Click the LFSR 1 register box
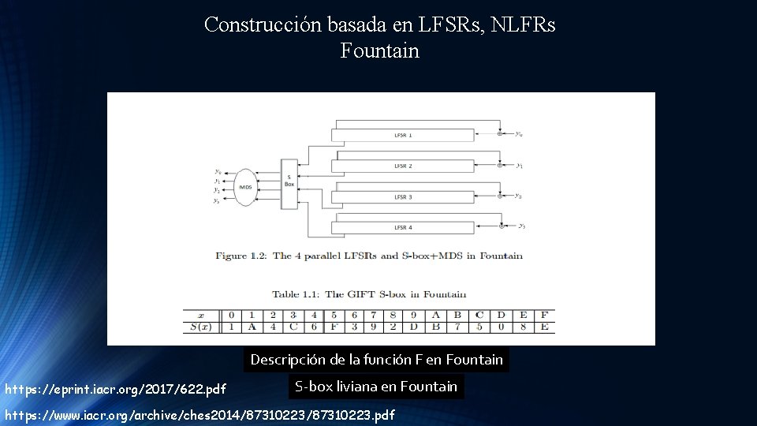[403, 135]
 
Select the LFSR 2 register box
[403, 166]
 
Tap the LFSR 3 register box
[403, 196]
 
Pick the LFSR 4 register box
[403, 227]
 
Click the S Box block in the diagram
[289, 184]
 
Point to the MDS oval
[244, 187]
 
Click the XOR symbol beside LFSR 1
[500, 135]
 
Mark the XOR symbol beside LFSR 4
[502, 227]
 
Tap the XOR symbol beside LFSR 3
[500, 196]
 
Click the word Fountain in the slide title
[379, 51]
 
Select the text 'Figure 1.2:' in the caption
[242, 256]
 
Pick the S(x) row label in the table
[200, 327]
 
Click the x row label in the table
[200, 315]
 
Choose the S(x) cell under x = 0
[231, 327]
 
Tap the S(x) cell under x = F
[544, 327]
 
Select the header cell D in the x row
[501, 315]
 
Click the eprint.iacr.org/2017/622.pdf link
[115, 389]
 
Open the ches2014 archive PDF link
[200, 415]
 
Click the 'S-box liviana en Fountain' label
[375, 387]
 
